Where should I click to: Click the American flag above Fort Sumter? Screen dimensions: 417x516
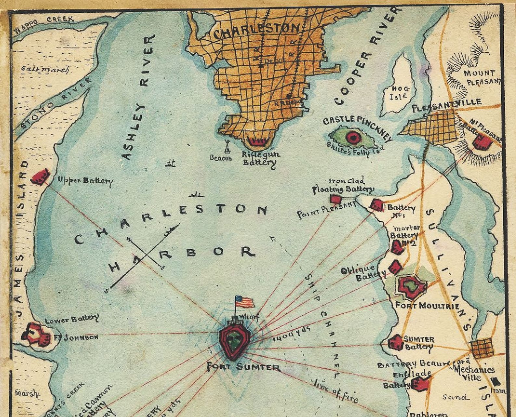pos(245,302)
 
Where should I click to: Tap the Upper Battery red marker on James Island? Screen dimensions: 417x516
pos(41,176)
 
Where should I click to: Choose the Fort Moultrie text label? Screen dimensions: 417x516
pos(427,306)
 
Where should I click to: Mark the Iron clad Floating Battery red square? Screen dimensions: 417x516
pos(335,199)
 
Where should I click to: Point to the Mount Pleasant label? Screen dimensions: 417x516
pos(482,77)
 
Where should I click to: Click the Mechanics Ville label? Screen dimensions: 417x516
pos(475,373)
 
